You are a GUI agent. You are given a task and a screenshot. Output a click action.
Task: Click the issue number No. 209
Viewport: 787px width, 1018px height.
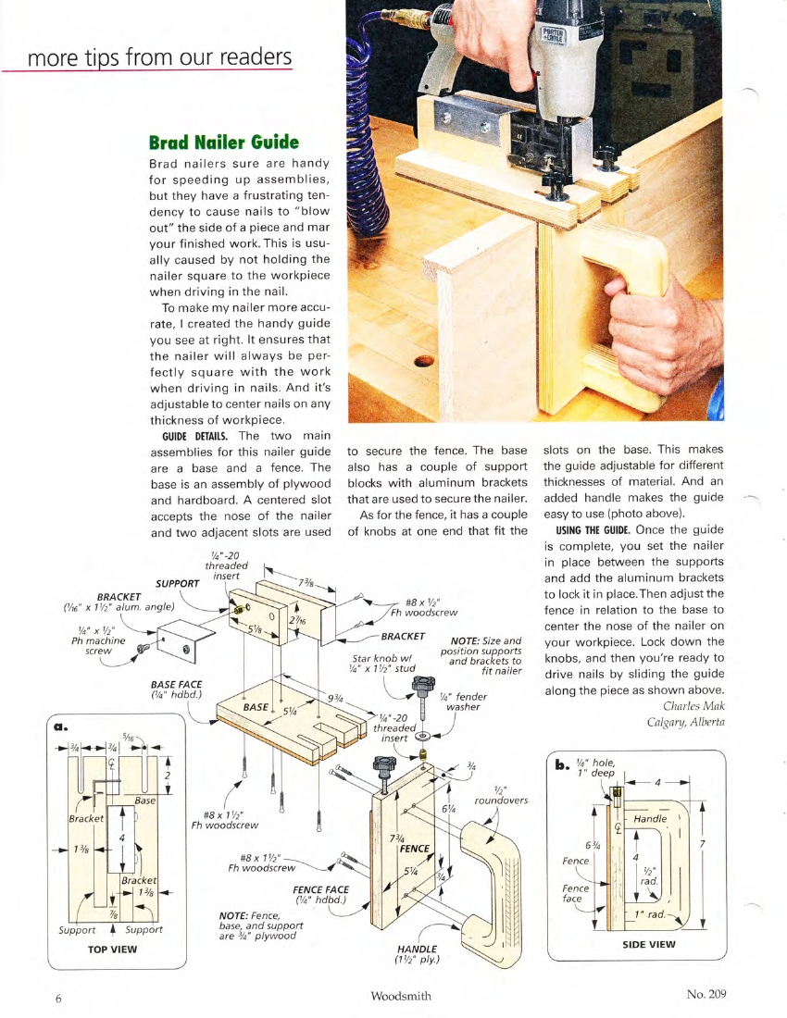[x=706, y=994]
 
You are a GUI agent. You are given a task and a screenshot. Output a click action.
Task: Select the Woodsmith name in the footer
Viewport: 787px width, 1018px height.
[x=401, y=996]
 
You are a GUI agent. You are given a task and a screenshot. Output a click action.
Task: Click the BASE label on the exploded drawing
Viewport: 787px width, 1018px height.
[x=255, y=706]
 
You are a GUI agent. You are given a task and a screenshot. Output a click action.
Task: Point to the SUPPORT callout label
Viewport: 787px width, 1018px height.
[x=178, y=584]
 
